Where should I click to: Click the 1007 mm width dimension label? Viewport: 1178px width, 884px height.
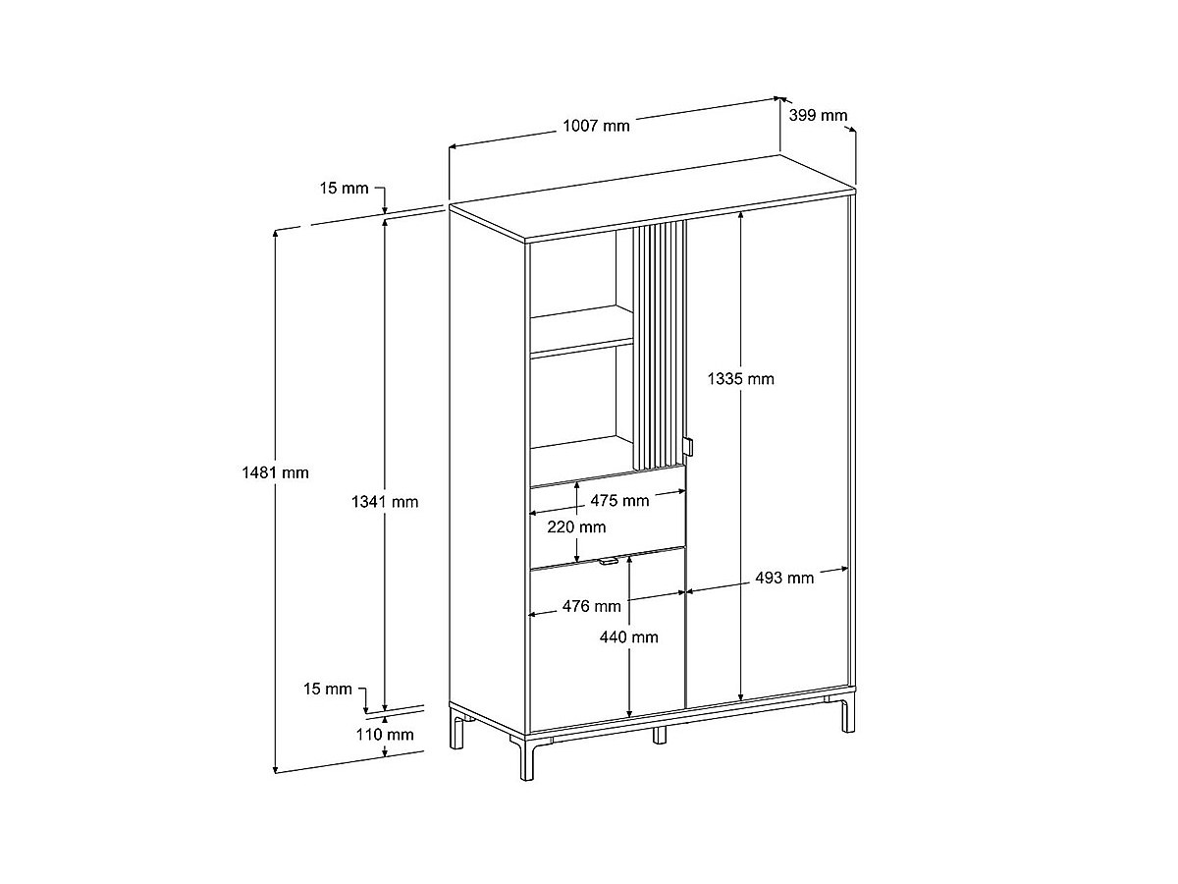pyautogui.click(x=596, y=126)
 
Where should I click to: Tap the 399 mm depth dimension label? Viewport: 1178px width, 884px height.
pyautogui.click(x=819, y=116)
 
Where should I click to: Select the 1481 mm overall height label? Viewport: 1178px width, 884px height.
pyautogui.click(x=276, y=472)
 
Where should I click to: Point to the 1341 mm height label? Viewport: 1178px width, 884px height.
pyautogui.click(x=385, y=502)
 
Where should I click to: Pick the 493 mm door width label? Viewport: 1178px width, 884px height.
pyautogui.click(x=784, y=579)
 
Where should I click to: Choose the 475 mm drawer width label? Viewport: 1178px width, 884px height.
pyautogui.click(x=619, y=501)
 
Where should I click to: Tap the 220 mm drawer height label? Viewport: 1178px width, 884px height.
pyautogui.click(x=576, y=527)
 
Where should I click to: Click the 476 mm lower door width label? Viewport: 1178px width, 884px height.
pyautogui.click(x=592, y=607)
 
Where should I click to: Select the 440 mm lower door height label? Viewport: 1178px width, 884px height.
pyautogui.click(x=629, y=637)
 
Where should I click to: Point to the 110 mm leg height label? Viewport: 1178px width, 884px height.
pyautogui.click(x=385, y=735)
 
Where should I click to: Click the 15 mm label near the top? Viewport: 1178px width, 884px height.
pyautogui.click(x=344, y=188)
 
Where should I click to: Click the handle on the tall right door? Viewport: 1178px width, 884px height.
pyautogui.click(x=691, y=447)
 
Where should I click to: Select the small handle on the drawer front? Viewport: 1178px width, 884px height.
pyautogui.click(x=608, y=562)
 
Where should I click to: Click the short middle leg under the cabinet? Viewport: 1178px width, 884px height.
pyautogui.click(x=660, y=734)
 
